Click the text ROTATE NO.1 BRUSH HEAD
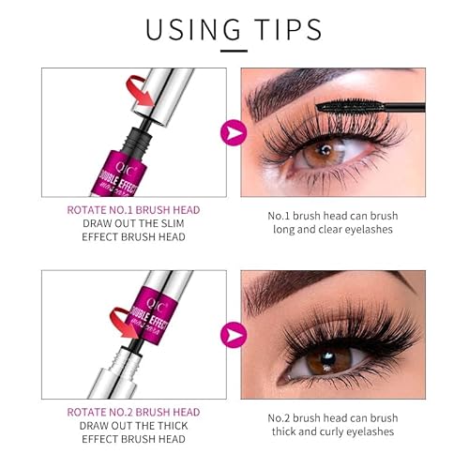(132, 211)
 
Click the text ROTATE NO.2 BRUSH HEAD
(132, 412)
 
